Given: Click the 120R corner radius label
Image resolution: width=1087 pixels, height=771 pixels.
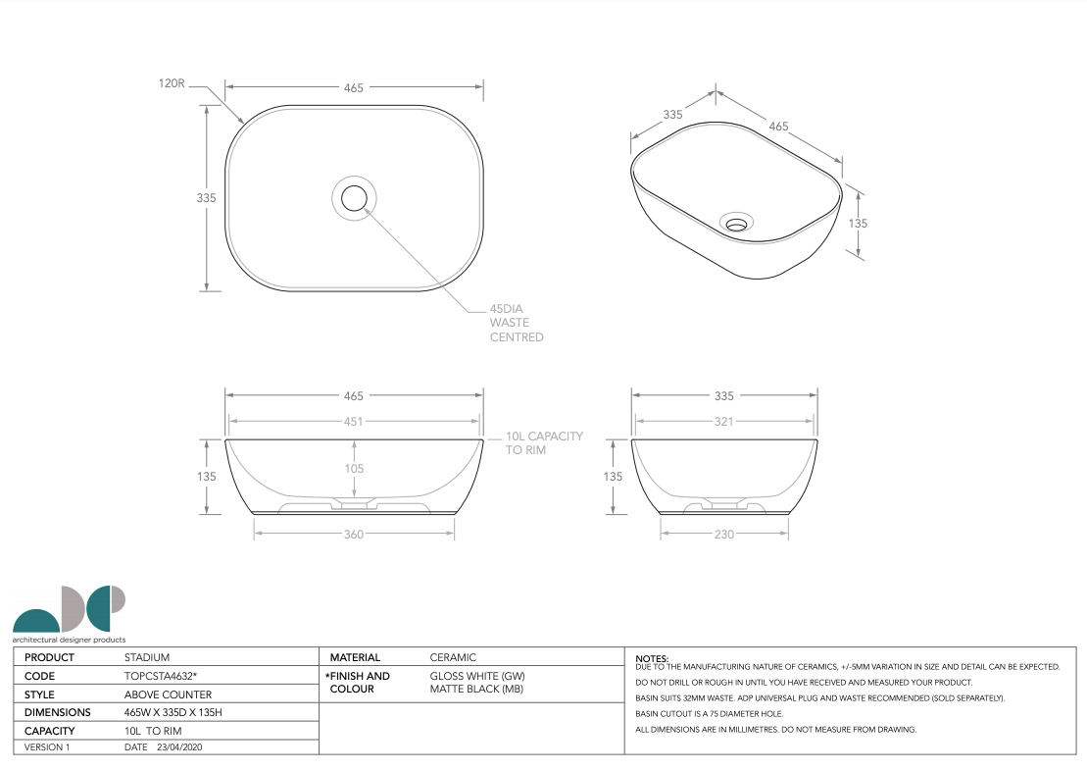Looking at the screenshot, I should tap(172, 84).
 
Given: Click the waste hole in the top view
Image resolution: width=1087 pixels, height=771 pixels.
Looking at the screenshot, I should tap(354, 198).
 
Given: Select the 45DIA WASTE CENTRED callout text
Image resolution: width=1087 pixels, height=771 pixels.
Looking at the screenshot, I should tap(517, 323).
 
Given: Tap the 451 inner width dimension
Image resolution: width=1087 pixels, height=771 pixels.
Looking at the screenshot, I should tap(354, 422).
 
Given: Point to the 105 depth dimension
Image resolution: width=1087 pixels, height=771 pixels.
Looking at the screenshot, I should tap(354, 469).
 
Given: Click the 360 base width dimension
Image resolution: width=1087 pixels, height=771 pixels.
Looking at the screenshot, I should tap(354, 535).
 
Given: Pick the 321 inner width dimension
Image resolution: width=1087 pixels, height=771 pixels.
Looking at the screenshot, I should tap(724, 422).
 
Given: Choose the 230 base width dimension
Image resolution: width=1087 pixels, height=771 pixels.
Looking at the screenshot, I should tap(724, 535).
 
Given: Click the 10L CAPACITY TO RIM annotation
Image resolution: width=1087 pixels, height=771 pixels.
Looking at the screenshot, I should tap(544, 443).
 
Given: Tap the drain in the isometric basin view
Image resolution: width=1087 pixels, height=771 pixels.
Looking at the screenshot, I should tap(735, 223).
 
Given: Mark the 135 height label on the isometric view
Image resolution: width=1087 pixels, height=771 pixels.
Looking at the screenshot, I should tap(858, 224).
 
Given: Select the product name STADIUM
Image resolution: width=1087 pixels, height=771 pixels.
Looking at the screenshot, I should tap(147, 657).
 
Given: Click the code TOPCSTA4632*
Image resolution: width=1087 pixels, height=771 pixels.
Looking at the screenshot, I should tap(161, 676).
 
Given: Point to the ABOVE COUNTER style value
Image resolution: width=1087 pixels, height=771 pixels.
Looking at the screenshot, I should tap(168, 694).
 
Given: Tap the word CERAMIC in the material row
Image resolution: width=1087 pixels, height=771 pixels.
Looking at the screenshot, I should tap(453, 657).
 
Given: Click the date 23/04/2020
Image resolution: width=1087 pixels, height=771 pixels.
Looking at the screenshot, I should tap(179, 747).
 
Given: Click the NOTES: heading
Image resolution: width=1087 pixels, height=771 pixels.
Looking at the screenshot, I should tap(652, 658).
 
